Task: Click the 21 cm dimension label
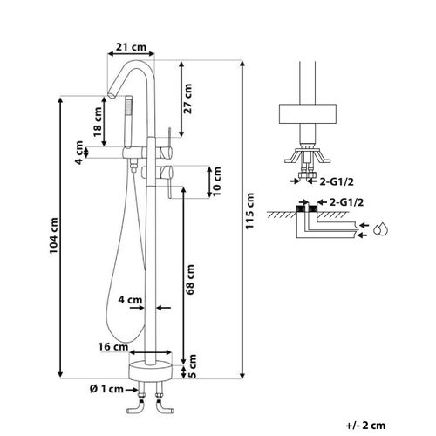click(x=131, y=47)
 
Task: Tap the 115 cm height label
click(x=250, y=211)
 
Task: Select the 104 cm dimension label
click(x=53, y=235)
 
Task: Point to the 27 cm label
click(x=188, y=99)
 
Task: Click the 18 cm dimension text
click(x=98, y=122)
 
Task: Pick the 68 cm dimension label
click(x=190, y=279)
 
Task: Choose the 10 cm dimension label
click(x=217, y=181)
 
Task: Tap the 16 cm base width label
click(x=113, y=347)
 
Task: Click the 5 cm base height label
click(x=192, y=366)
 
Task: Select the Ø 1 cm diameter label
click(x=106, y=389)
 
